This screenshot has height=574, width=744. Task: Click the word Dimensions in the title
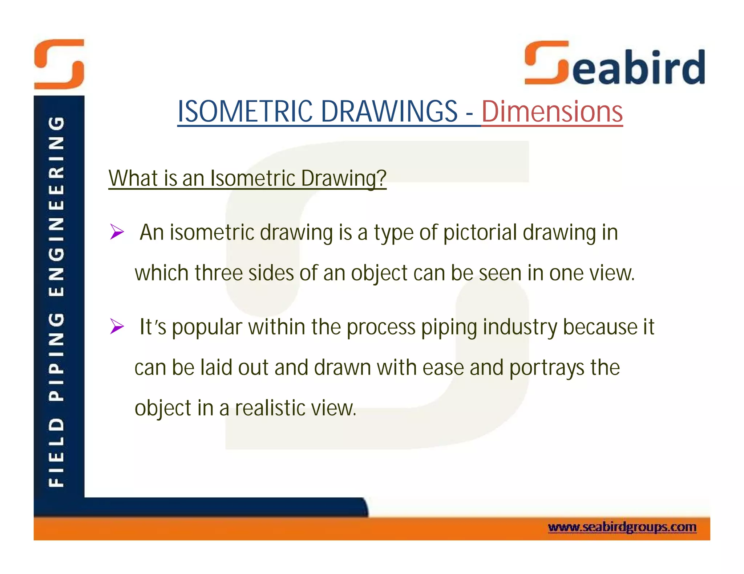pyautogui.click(x=552, y=111)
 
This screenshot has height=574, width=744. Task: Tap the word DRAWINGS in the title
pyautogui.click(x=389, y=111)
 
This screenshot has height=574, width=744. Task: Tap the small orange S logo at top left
pyautogui.click(x=59, y=64)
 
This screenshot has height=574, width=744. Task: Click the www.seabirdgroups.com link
pyautogui.click(x=622, y=527)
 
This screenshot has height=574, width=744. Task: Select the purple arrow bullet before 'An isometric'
pyautogui.click(x=117, y=232)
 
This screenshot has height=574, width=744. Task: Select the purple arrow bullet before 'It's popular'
pyautogui.click(x=117, y=327)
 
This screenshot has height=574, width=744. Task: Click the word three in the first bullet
pyautogui.click(x=218, y=273)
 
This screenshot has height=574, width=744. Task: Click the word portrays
pyautogui.click(x=546, y=368)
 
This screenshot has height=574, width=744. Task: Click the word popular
pyautogui.click(x=207, y=328)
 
